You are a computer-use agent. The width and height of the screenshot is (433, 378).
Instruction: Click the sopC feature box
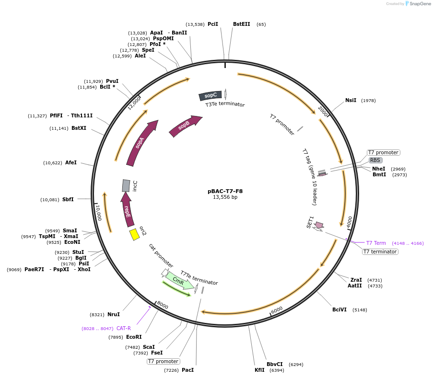[211, 96]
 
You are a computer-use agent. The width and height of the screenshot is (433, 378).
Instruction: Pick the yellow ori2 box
[135, 234]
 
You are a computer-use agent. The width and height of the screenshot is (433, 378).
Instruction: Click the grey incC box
[126, 185]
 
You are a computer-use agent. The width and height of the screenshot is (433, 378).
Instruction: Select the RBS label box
[375, 160]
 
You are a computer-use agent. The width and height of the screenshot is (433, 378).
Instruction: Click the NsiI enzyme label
[351, 101]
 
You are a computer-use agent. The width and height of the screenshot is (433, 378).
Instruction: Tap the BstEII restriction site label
[242, 24]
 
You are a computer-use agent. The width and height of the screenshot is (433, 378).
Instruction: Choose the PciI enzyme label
[213, 24]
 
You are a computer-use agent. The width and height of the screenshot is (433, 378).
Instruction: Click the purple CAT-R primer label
[124, 328]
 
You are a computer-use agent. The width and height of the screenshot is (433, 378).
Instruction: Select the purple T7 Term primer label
[376, 243]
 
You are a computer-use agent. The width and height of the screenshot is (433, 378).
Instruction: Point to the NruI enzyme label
[114, 314]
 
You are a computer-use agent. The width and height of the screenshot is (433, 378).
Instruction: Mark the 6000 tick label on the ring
[277, 310]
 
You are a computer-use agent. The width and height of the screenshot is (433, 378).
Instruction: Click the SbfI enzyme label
[68, 199]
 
